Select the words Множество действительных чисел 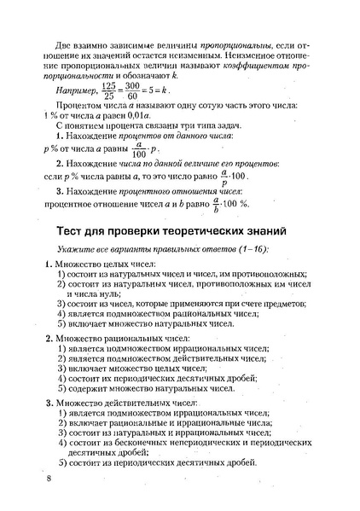point(125,401)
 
